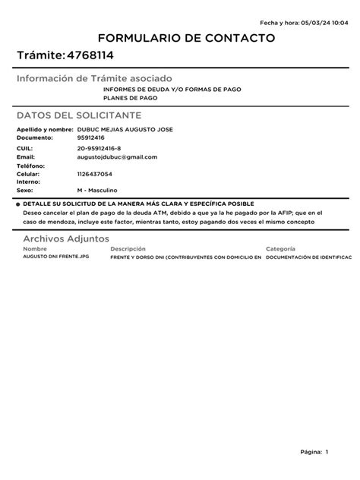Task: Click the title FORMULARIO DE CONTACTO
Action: coord(180,38)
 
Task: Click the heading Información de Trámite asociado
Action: coord(94,79)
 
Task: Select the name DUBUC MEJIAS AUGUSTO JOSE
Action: coord(125,130)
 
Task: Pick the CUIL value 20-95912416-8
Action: coord(99,148)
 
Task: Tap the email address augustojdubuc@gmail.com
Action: coord(117,157)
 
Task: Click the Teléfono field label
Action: coord(31,166)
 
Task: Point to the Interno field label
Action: coord(28,182)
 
